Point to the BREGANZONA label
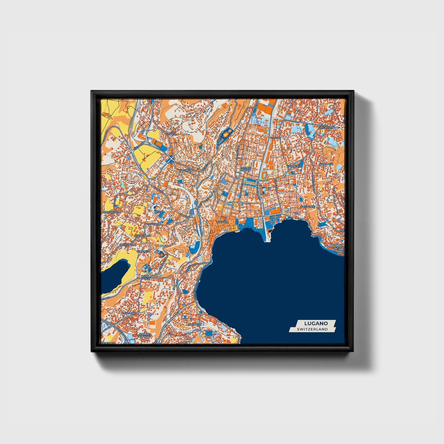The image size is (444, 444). coord(112,212)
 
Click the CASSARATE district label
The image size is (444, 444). coord(308,207)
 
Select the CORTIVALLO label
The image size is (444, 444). coord(143,235)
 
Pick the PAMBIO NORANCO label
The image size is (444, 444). coord(145,335)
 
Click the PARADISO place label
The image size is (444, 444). coord(195,324)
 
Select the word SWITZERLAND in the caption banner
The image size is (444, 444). coord(312,329)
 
